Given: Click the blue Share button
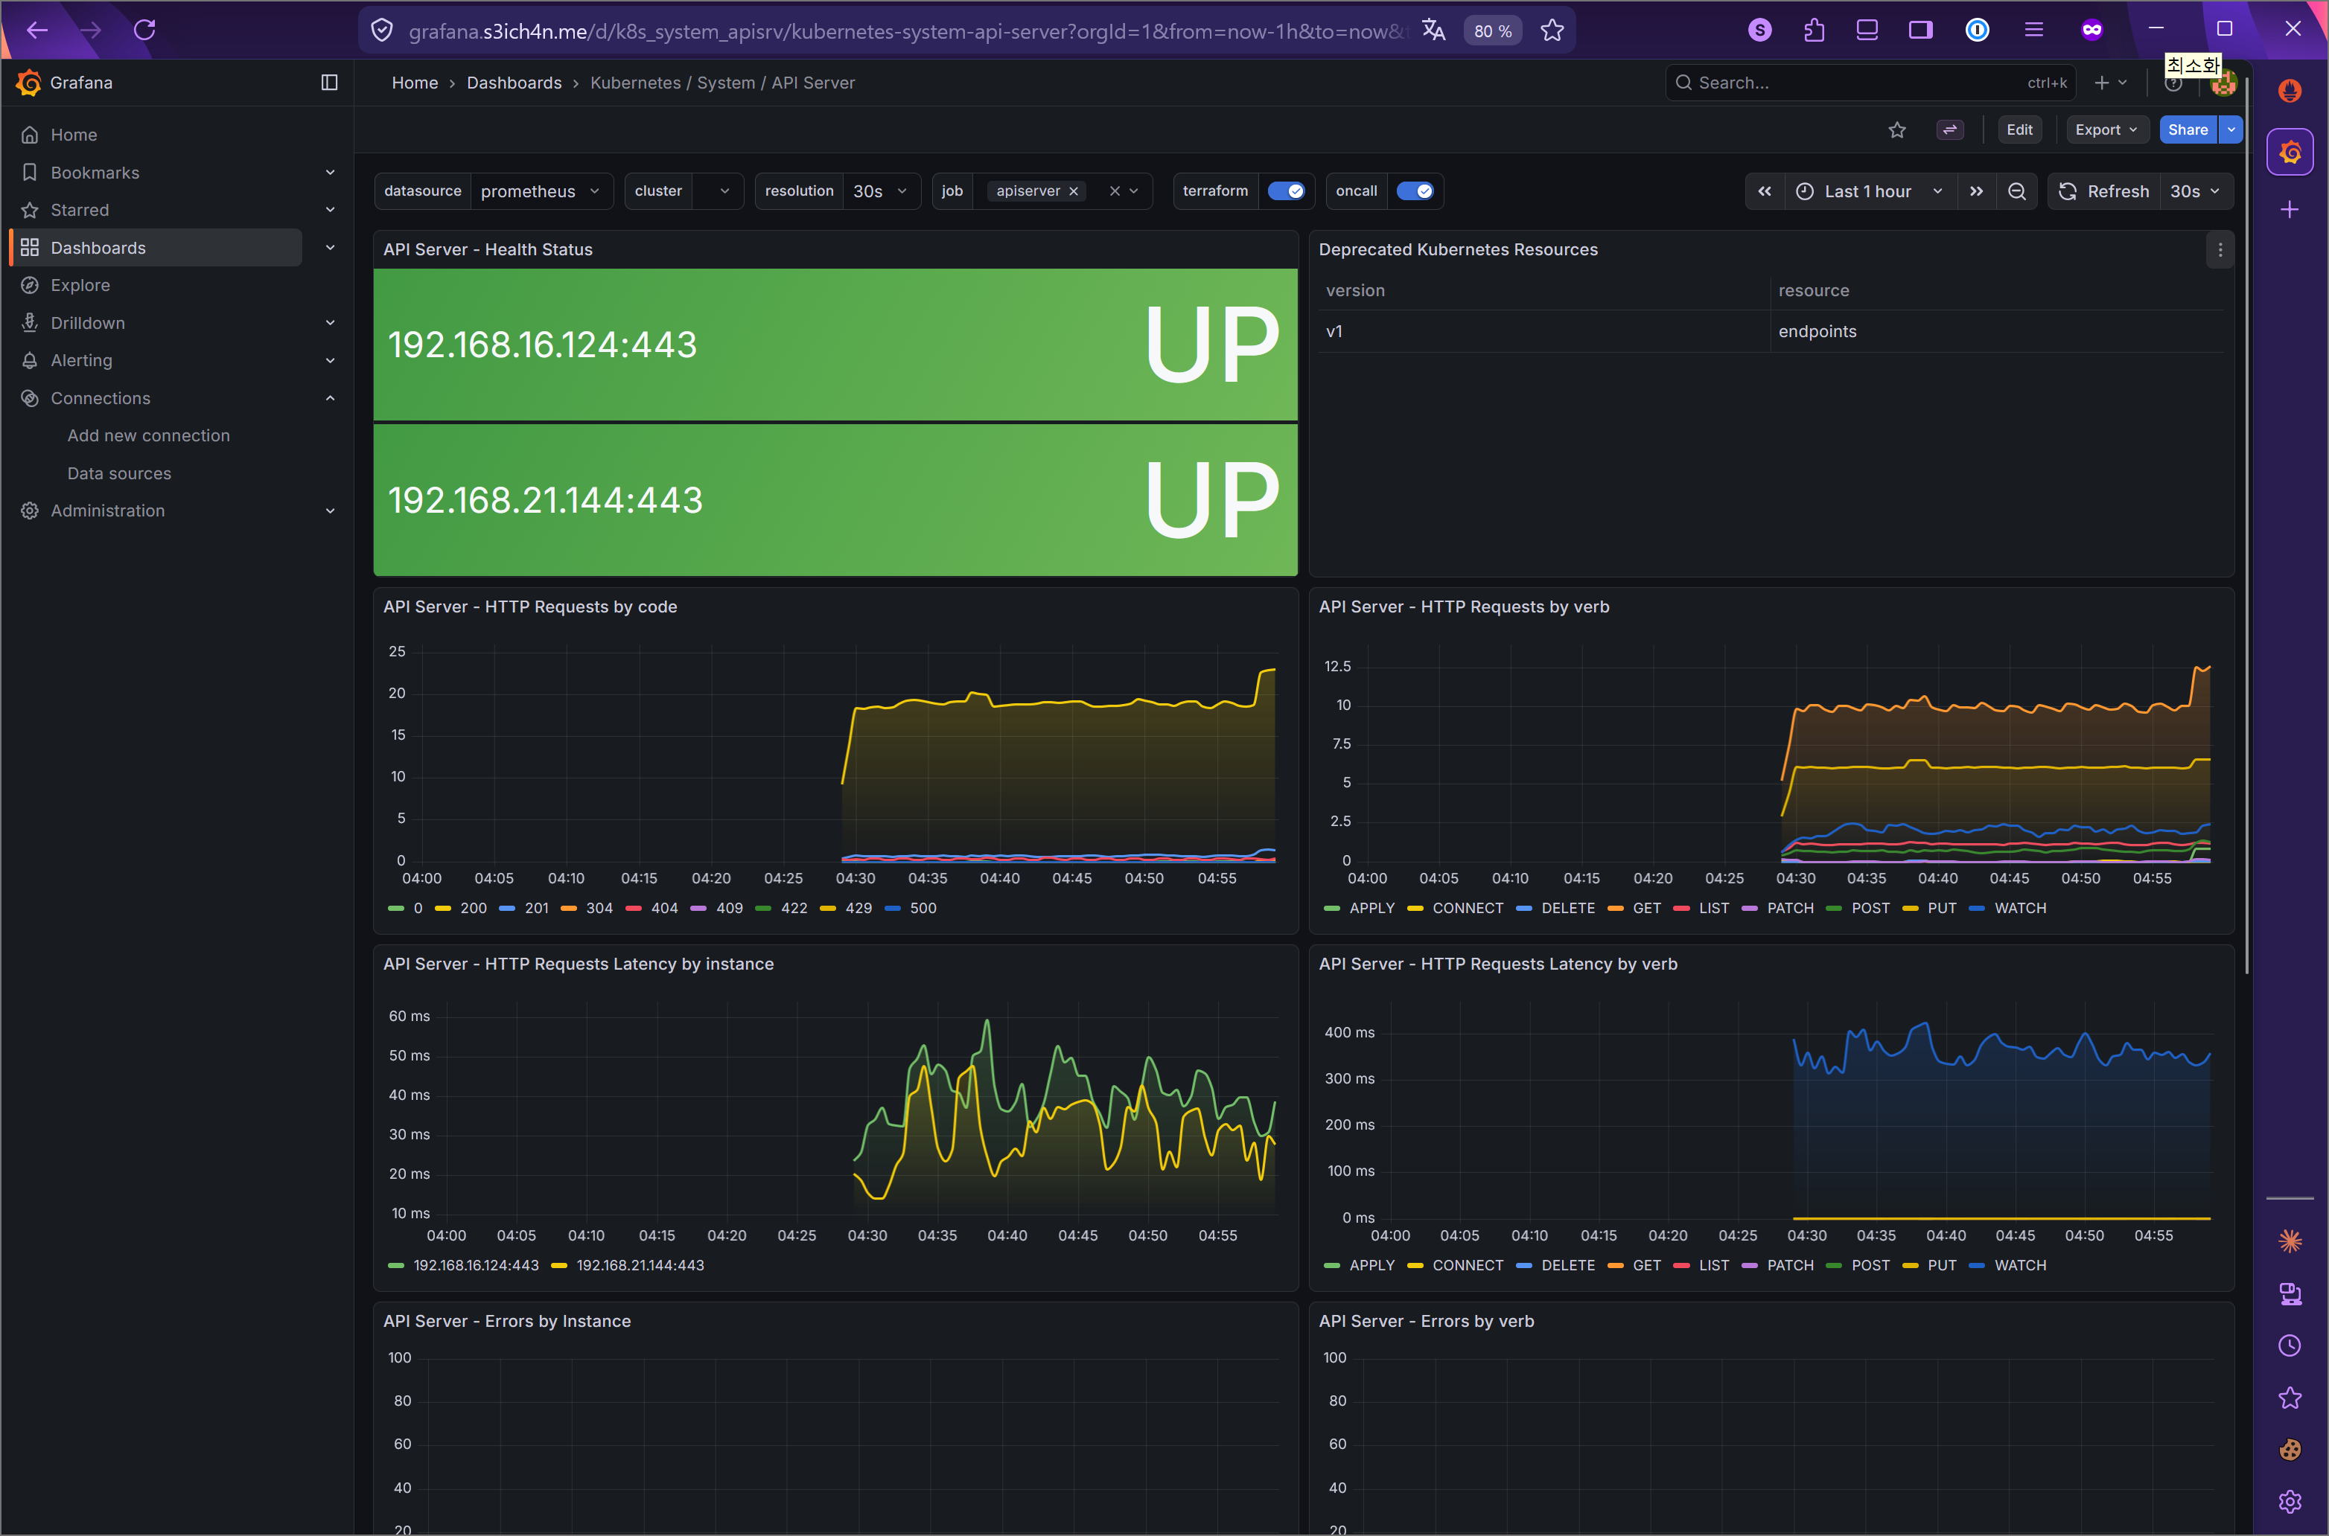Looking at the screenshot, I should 2186,129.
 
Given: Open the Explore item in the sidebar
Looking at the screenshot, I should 80,285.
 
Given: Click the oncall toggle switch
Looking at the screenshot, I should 1414,191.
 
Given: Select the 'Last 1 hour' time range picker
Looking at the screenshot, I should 1867,191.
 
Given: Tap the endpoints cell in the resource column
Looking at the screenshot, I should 1817,331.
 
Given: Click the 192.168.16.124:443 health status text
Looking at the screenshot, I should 542,345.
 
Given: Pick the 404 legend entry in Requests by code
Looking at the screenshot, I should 663,908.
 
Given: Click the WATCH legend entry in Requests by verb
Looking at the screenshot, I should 2019,908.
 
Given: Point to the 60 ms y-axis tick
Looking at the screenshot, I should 409,1016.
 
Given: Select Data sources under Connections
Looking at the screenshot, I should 118,473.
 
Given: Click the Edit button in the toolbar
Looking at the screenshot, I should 2019,129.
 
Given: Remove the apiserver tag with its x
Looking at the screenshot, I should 1073,191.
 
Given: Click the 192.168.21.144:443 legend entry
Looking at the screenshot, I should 639,1264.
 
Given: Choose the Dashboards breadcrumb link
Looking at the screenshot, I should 514,83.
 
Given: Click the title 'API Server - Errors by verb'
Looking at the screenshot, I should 1426,1320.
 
